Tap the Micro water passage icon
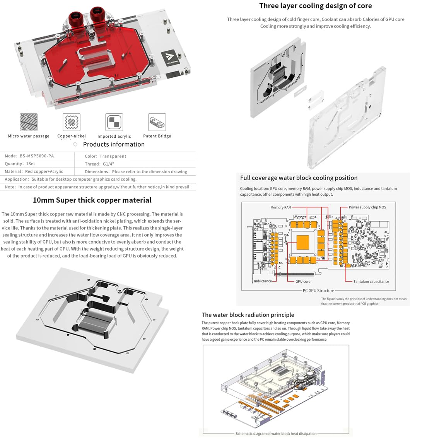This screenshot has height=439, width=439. (x=29, y=122)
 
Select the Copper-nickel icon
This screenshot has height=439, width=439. (x=72, y=122)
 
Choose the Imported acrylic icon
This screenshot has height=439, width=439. (x=114, y=122)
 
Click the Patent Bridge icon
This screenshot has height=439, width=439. (x=157, y=122)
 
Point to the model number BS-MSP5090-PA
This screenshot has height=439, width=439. (x=37, y=156)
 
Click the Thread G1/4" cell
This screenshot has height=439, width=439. (x=99, y=164)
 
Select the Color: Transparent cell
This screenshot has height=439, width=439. (x=105, y=156)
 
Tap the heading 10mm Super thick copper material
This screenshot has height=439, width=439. (x=92, y=200)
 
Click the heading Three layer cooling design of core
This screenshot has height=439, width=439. (x=315, y=6)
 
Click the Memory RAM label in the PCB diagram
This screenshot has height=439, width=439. (x=281, y=208)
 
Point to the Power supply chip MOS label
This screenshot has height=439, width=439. (x=367, y=207)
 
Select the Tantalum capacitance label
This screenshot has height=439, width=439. (x=371, y=282)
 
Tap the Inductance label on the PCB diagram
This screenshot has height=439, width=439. (x=263, y=281)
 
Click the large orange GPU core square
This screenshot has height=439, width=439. (x=303, y=242)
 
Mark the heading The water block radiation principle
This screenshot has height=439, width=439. (x=248, y=315)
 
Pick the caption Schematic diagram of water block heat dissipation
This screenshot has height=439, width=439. (x=276, y=434)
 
